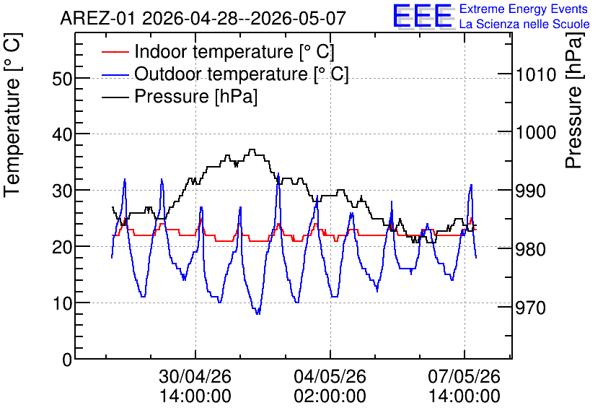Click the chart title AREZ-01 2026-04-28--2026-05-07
point(203,18)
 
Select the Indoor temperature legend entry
point(218,51)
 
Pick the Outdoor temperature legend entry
point(225,74)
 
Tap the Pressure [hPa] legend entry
point(180,96)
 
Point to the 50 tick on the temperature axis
point(62,79)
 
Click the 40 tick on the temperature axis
point(62,135)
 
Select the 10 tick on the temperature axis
point(62,303)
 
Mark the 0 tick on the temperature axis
point(67,360)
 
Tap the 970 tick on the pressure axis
point(531,308)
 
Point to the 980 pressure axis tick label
point(531,249)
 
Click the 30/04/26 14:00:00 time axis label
point(195,386)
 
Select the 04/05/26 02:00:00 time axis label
point(330,386)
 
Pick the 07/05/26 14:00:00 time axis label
point(465,386)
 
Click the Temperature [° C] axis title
point(12,116)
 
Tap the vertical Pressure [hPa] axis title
point(573,100)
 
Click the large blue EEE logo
point(423,16)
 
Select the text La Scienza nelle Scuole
point(524,24)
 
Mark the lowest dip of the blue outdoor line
point(258,314)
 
